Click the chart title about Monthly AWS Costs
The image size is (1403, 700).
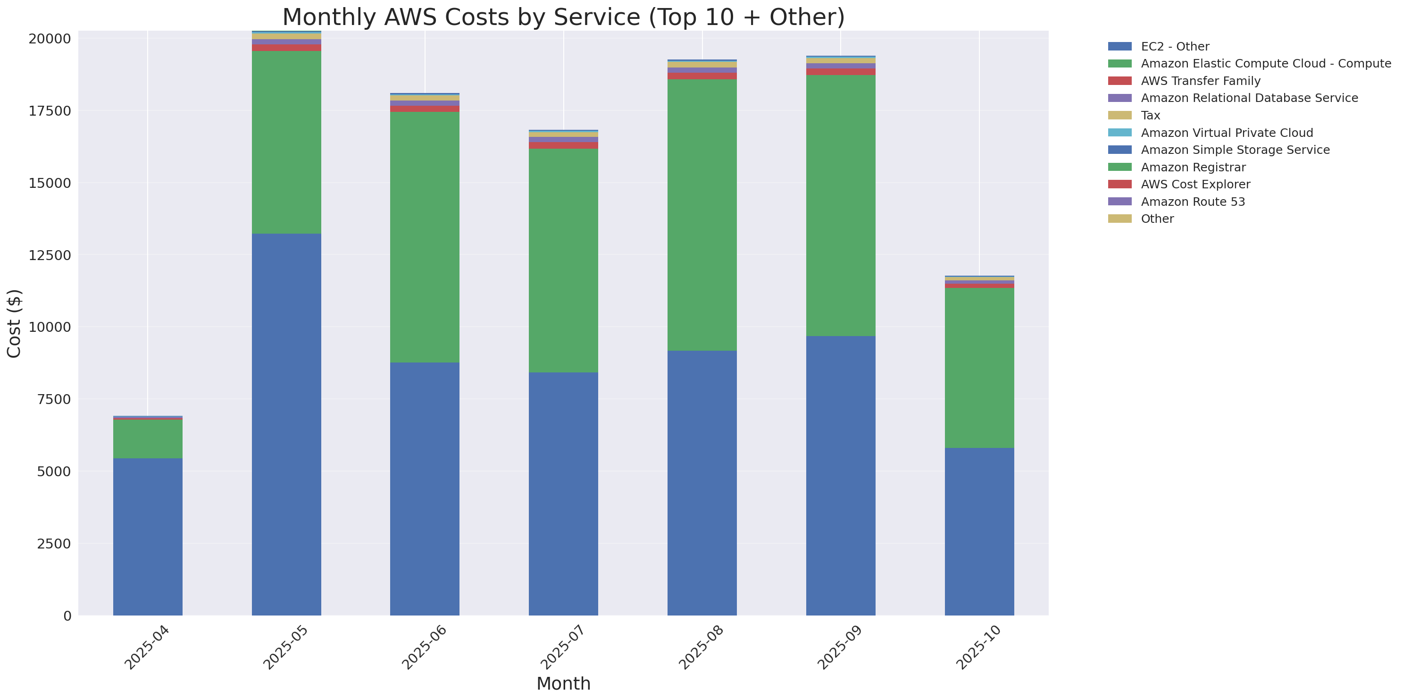563,17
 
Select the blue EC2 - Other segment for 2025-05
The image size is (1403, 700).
286,424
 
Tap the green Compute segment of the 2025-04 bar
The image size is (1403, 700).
148,439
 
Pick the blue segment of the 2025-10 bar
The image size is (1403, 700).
979,531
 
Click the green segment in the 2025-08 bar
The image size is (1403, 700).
701,215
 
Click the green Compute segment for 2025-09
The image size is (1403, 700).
840,205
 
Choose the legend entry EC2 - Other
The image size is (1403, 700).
1175,46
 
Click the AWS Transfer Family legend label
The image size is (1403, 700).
1201,81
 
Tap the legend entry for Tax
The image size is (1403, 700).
1150,116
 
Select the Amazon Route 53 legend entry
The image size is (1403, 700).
1193,202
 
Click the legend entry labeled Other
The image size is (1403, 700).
1157,219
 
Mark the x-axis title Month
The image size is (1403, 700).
563,683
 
